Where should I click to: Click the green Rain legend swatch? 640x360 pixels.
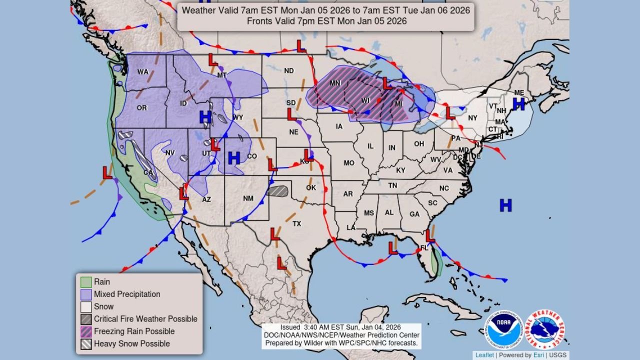point(86,282)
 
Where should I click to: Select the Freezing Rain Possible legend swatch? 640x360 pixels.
point(86,331)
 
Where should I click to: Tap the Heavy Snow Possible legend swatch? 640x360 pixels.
point(86,343)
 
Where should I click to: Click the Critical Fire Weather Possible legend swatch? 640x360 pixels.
point(86,318)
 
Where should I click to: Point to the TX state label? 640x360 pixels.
point(297,223)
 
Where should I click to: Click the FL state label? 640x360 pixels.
point(424,247)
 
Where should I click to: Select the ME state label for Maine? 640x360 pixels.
point(519,93)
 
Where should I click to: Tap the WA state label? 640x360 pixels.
point(143,72)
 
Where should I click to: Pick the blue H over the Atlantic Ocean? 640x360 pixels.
point(505,205)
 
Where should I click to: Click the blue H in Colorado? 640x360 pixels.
point(233,158)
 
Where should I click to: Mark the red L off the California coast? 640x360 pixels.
point(107,173)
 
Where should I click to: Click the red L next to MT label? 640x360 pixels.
point(213,60)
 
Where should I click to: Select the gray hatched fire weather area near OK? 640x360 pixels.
point(278,191)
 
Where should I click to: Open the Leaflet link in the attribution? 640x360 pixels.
point(484,355)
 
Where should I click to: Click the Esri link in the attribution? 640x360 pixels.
point(538,355)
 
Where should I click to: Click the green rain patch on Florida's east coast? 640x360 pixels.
point(436,262)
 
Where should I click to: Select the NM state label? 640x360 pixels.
point(248,198)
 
